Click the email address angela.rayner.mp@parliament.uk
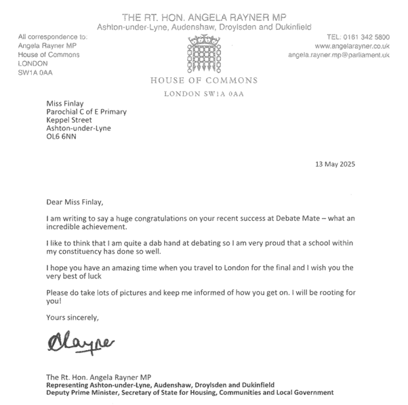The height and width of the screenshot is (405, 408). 338,55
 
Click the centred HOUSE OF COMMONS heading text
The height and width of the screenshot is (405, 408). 203,81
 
